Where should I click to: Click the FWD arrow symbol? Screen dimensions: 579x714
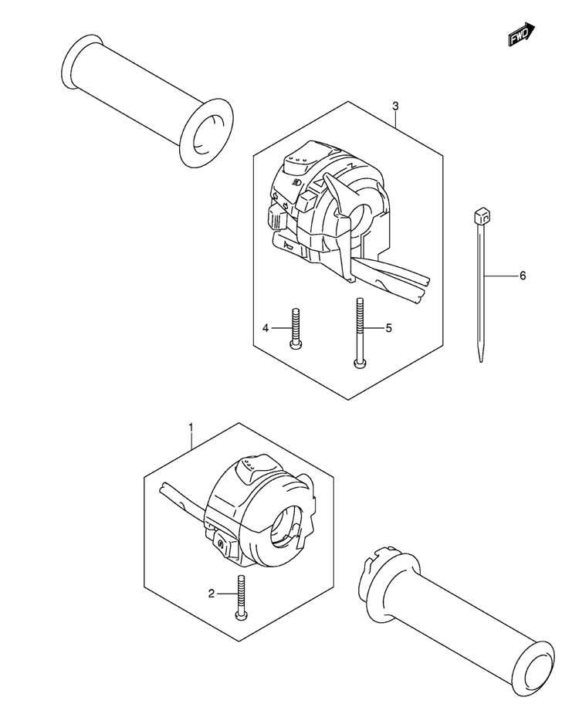click(x=521, y=34)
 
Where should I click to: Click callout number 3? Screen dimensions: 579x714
click(x=395, y=106)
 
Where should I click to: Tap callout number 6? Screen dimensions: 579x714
click(x=523, y=276)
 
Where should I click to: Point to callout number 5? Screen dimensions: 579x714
click(x=388, y=328)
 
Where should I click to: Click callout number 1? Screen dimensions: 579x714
click(x=191, y=428)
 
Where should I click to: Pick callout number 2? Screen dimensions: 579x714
click(x=212, y=594)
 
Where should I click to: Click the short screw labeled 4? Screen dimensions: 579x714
click(x=294, y=328)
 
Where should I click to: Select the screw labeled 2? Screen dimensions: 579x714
click(x=241, y=596)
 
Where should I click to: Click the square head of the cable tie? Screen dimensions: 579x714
click(x=481, y=215)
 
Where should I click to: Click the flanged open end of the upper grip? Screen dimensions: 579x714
click(x=206, y=134)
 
